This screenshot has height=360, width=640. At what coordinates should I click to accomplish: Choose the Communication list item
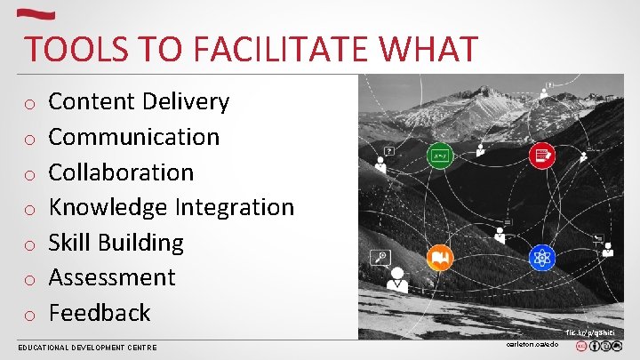[133, 137]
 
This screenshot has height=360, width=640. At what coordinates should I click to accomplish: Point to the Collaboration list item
[121, 172]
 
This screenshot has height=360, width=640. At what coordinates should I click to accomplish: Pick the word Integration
[234, 207]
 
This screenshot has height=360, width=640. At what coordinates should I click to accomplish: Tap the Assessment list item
[112, 277]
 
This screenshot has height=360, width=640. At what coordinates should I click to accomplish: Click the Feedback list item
[100, 313]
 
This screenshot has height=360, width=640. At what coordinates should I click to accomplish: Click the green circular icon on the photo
[439, 156]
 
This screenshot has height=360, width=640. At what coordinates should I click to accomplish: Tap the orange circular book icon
[439, 259]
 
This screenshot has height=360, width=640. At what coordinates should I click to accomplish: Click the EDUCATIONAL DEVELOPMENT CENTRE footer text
[87, 348]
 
